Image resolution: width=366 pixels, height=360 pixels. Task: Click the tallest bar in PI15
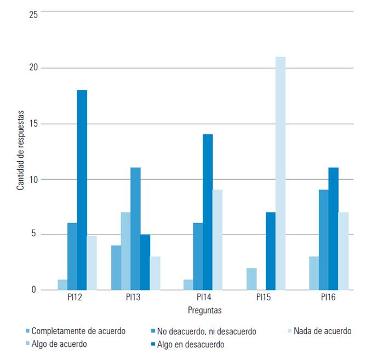[x=280, y=173]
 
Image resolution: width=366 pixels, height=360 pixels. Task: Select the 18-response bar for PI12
[x=82, y=190]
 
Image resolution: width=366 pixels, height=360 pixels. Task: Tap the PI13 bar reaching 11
[x=135, y=228]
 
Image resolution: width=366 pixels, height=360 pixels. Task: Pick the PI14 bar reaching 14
[x=208, y=212]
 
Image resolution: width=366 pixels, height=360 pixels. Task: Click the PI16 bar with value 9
[x=324, y=239]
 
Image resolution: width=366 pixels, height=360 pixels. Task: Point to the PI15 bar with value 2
[x=251, y=278]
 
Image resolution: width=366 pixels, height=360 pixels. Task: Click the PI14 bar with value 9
[x=218, y=239]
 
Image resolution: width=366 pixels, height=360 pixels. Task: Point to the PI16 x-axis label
[x=328, y=298]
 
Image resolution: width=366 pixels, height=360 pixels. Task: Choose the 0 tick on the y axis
[x=35, y=289]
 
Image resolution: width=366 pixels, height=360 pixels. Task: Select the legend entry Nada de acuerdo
[x=322, y=331]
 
